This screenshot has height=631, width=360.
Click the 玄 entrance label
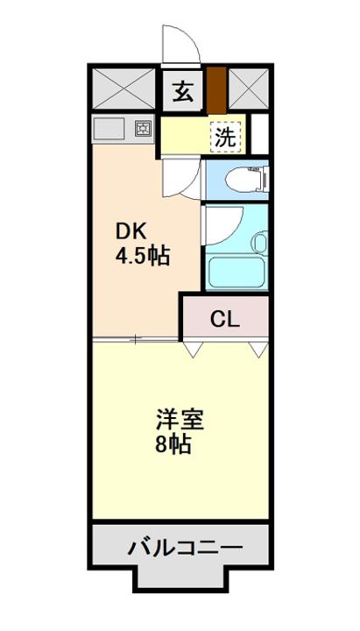(182, 92)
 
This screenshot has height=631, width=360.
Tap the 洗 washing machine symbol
(226, 137)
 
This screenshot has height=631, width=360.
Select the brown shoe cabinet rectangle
(216, 90)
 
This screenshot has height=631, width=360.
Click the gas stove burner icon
(142, 129)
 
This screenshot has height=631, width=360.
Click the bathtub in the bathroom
(236, 272)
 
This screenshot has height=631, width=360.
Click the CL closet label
(225, 320)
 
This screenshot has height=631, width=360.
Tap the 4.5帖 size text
(143, 256)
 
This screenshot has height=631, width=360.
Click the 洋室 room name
(180, 420)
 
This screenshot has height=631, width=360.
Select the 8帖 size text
(173, 443)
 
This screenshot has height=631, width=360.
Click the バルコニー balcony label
(186, 548)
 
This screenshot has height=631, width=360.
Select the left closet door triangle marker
(193, 350)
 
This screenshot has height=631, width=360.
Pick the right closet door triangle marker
(258, 350)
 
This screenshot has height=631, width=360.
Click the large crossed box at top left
(124, 89)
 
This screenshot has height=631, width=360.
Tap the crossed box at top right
(249, 89)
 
